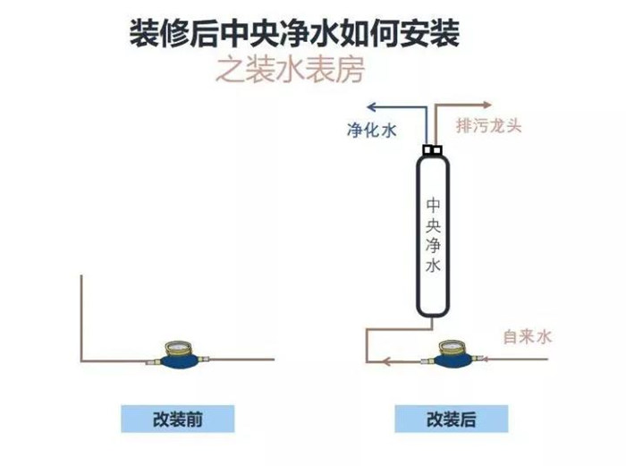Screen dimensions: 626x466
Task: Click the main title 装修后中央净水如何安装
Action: coord(294,34)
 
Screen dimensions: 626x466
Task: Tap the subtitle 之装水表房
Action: coord(291,70)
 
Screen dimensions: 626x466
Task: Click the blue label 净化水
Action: coord(372,130)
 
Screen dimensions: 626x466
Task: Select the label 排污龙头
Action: coord(489,126)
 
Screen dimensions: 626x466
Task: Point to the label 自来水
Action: coord(527,336)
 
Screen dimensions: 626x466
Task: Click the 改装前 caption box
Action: coord(178,419)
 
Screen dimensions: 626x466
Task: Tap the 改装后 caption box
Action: coord(452,419)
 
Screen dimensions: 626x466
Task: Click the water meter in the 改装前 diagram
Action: coord(178,355)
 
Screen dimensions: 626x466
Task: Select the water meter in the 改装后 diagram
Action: coord(453,354)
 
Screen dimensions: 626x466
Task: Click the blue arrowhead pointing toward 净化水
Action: coord(372,107)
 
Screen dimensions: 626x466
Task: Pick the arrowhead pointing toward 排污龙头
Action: coord(487,106)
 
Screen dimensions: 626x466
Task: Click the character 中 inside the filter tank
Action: coord(433,205)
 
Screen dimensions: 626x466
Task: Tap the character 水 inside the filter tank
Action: coord(433,265)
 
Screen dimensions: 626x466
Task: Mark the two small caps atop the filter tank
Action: coord(433,149)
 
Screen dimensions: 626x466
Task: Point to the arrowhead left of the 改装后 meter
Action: coord(386,361)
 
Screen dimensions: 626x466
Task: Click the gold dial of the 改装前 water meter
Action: coord(179,349)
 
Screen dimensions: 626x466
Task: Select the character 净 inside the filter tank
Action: coord(433,245)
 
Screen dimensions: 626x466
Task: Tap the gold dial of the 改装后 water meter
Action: coord(453,347)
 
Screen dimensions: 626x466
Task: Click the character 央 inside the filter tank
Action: coord(433,225)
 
